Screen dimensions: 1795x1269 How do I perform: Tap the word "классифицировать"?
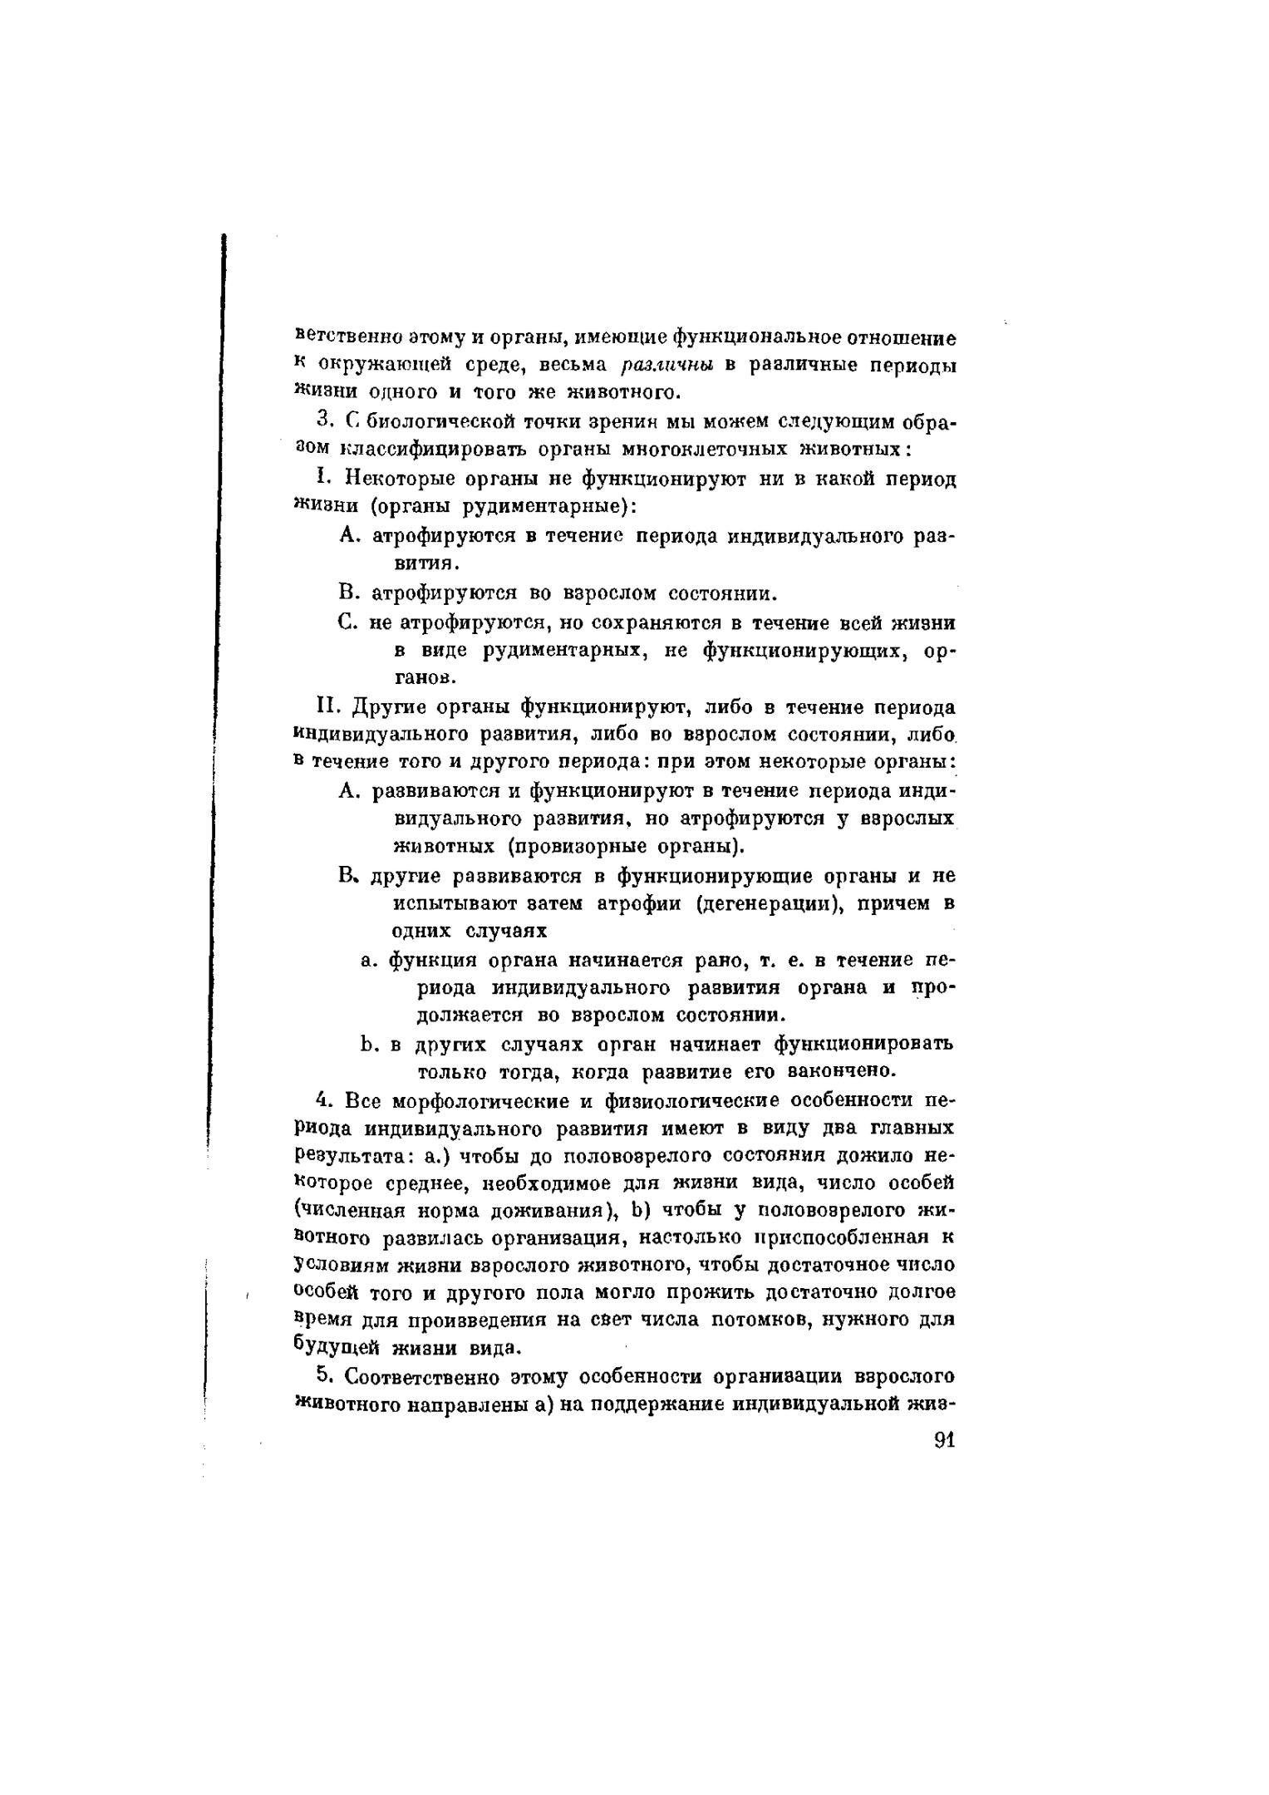click(x=420, y=450)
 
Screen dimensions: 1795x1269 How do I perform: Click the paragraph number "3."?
click(x=326, y=422)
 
